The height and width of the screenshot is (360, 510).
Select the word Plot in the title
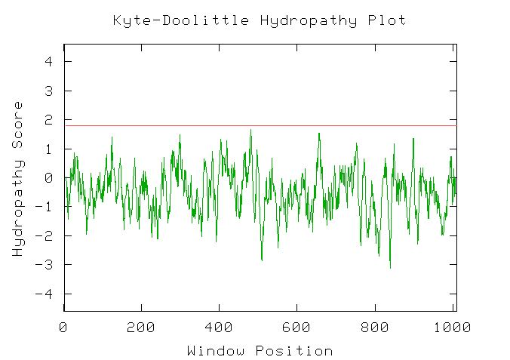tap(387, 20)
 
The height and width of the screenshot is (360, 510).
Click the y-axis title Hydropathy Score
tap(18, 178)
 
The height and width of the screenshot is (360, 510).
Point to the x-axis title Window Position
tap(260, 351)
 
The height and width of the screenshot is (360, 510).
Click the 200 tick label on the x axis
tap(141, 328)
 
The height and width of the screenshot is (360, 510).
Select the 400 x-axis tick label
tap(219, 328)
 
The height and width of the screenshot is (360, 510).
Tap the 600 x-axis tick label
tap(296, 328)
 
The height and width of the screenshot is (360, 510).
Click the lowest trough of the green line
tap(390, 268)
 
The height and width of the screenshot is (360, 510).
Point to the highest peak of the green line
tap(250, 130)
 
